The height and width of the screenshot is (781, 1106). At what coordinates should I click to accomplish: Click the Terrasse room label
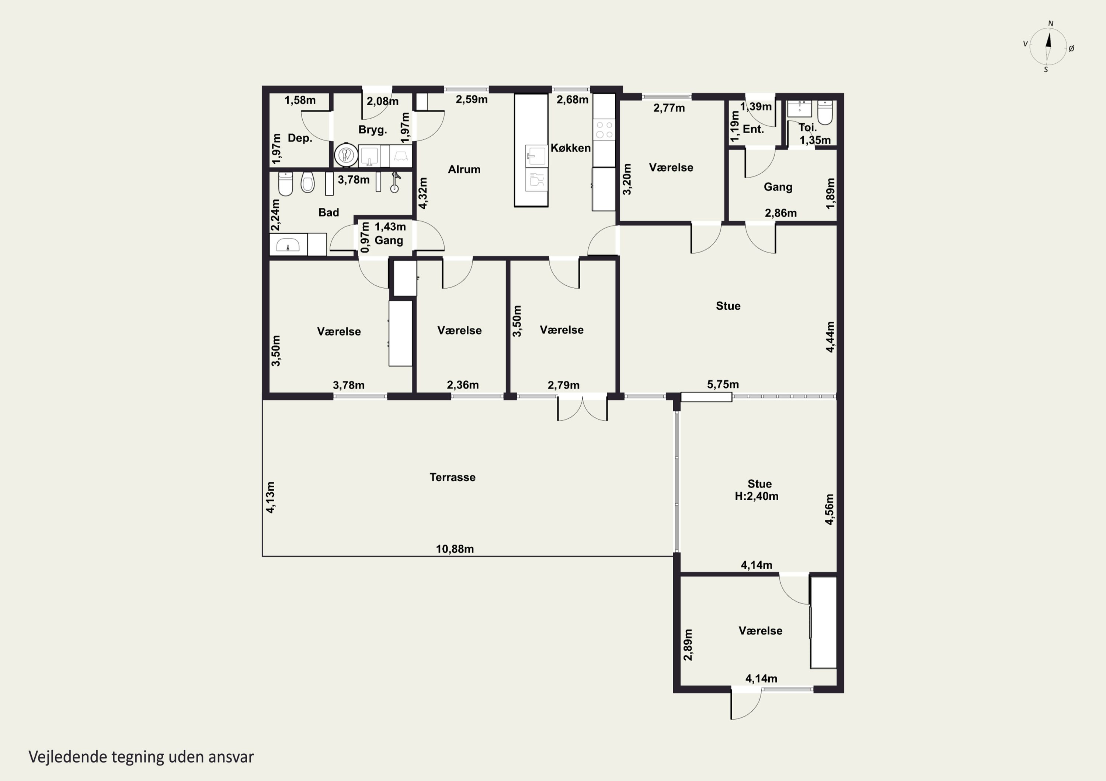tap(452, 477)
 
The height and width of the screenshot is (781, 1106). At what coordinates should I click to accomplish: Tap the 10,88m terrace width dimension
tap(455, 549)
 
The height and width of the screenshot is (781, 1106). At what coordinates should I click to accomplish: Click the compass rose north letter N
tap(1051, 24)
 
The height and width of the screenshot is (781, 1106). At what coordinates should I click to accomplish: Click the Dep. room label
tap(300, 138)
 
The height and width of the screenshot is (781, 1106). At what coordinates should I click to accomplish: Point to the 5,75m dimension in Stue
tap(723, 384)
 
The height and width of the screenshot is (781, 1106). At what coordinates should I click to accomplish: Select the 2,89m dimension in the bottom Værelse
tap(688, 645)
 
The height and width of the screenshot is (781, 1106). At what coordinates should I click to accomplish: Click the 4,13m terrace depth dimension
tap(271, 497)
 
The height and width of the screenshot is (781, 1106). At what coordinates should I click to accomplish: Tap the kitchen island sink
tap(536, 155)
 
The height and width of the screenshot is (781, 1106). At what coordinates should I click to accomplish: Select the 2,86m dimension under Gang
tap(780, 213)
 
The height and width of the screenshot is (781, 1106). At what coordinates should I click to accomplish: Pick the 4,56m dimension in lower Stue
tap(829, 510)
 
